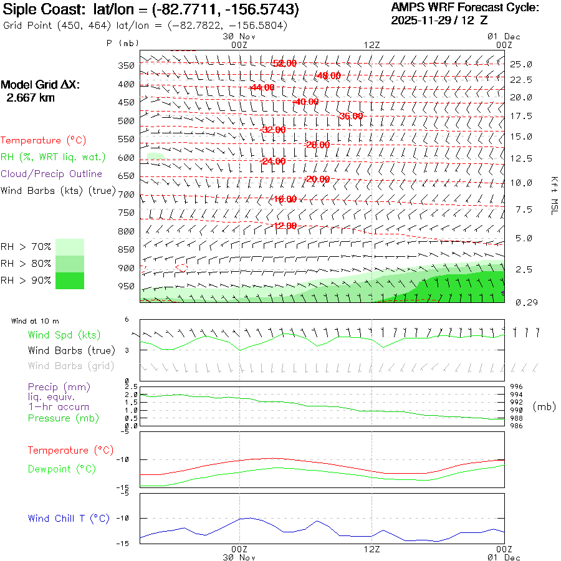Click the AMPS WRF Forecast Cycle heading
point(464,8)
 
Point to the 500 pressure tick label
point(126,121)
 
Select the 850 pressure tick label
point(126,250)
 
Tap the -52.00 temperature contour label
point(284,64)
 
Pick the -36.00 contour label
point(351,116)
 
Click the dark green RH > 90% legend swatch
point(70,280)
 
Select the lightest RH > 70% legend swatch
point(70,247)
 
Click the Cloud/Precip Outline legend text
point(51,174)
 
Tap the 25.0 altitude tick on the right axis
point(521,64)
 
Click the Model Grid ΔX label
point(41,85)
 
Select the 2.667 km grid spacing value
point(30,98)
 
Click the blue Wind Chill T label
point(69,519)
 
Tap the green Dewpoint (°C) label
point(62,469)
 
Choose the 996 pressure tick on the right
point(516,387)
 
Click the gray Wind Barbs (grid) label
point(64,366)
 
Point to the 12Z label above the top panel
point(372,45)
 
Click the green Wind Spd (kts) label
point(64,335)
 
